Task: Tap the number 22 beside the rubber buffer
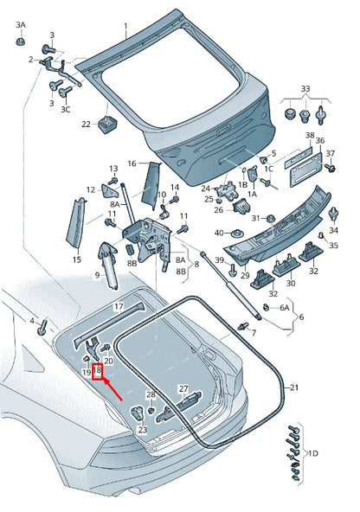[x=86, y=125]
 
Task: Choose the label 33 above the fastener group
[x=305, y=89]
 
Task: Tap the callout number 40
[x=220, y=233]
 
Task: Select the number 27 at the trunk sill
[x=183, y=388]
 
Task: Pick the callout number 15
[x=76, y=259]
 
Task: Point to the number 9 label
[x=97, y=275]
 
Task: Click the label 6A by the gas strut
[x=285, y=307]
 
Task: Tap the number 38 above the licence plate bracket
[x=310, y=137]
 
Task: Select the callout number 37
[x=330, y=154]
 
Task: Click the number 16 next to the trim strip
[x=132, y=163]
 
